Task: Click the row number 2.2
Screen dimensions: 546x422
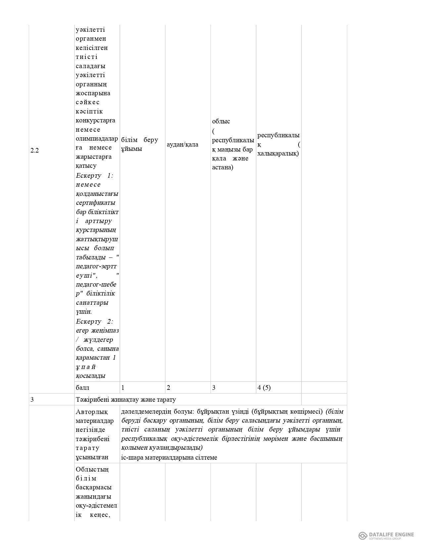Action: click(34, 150)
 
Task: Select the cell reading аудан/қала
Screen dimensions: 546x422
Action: click(182, 144)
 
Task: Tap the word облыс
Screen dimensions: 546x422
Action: click(221, 121)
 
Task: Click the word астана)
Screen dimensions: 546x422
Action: click(223, 167)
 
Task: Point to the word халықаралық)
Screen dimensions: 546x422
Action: click(278, 154)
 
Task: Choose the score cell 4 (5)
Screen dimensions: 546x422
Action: click(264, 387)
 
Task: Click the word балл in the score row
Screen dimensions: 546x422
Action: click(82, 387)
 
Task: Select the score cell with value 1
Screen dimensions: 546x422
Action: click(123, 387)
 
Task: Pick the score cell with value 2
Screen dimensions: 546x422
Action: click(168, 387)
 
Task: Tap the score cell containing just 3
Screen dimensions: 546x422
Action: click(213, 387)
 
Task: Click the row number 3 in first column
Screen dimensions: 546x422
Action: click(32, 399)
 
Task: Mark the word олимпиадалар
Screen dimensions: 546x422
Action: click(97, 138)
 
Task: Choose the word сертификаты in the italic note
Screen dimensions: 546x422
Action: click(96, 203)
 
